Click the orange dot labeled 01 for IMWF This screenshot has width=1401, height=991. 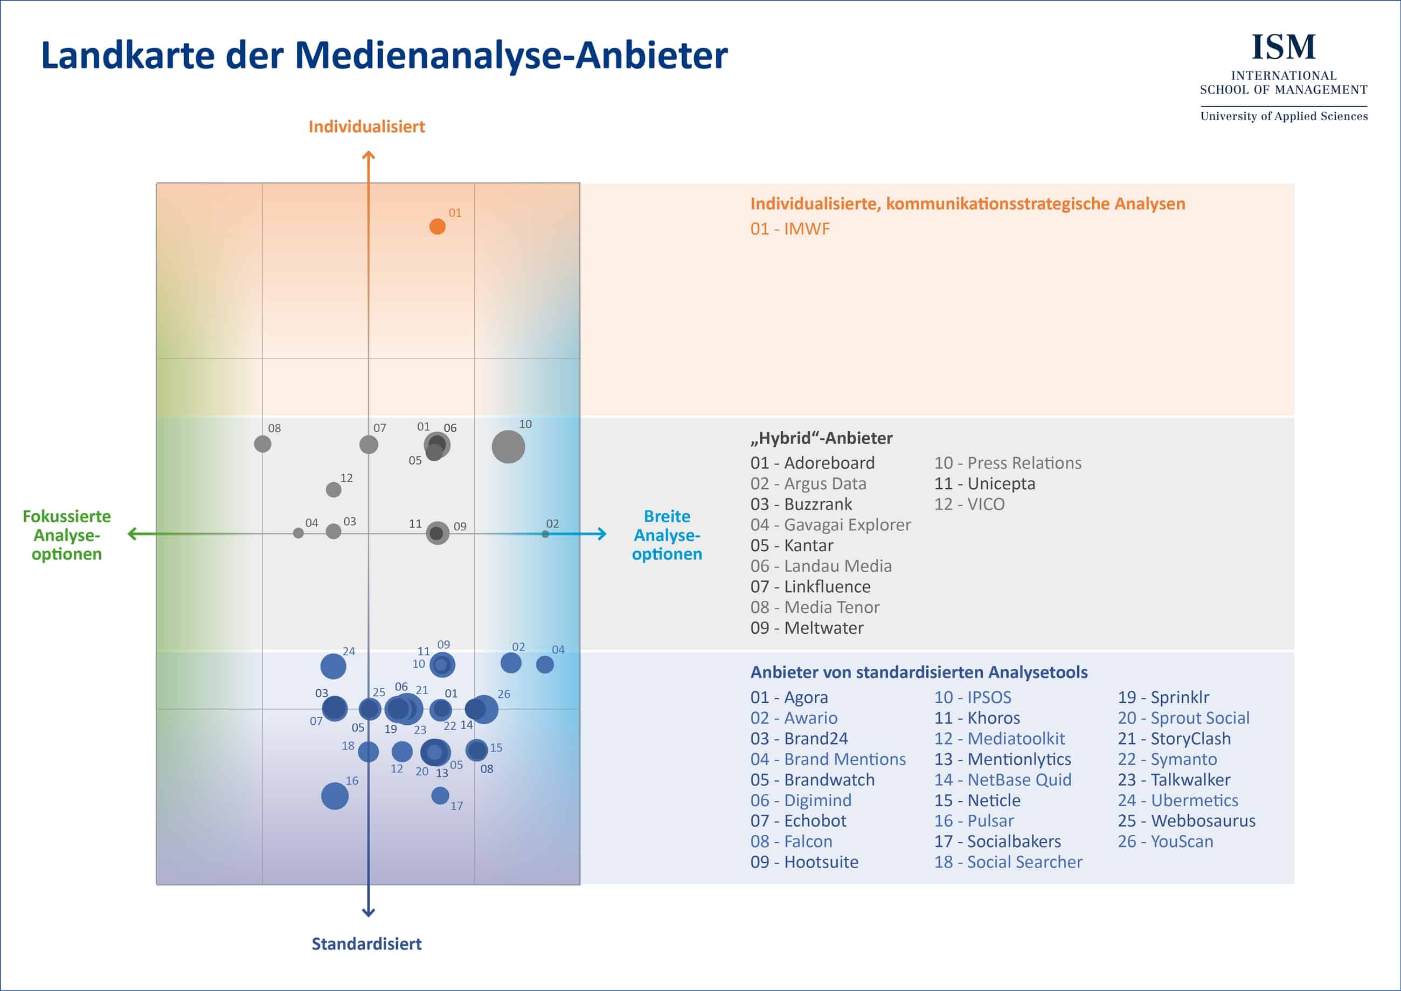coord(437,226)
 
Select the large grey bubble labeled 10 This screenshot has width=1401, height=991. coord(508,447)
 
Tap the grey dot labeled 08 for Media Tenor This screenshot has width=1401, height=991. coord(262,443)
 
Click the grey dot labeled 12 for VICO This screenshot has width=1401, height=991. coord(333,489)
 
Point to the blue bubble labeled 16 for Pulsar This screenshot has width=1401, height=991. coord(335,796)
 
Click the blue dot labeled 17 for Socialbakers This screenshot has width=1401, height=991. coord(440,795)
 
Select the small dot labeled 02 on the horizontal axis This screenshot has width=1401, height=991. coord(545,534)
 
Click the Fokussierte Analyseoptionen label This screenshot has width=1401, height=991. coord(66,535)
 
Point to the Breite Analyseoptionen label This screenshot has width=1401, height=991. coord(667,535)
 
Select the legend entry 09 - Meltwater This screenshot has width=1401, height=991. coord(807,627)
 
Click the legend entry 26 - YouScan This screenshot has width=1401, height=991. coord(1165,841)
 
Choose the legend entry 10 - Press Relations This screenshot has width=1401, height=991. coord(1008,462)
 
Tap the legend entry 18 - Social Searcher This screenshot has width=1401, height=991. coord(1008,862)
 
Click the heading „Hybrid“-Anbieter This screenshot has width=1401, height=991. coord(821,438)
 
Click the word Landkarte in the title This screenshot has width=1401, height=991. coord(128,55)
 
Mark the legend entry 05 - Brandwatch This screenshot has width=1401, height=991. coord(812,779)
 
